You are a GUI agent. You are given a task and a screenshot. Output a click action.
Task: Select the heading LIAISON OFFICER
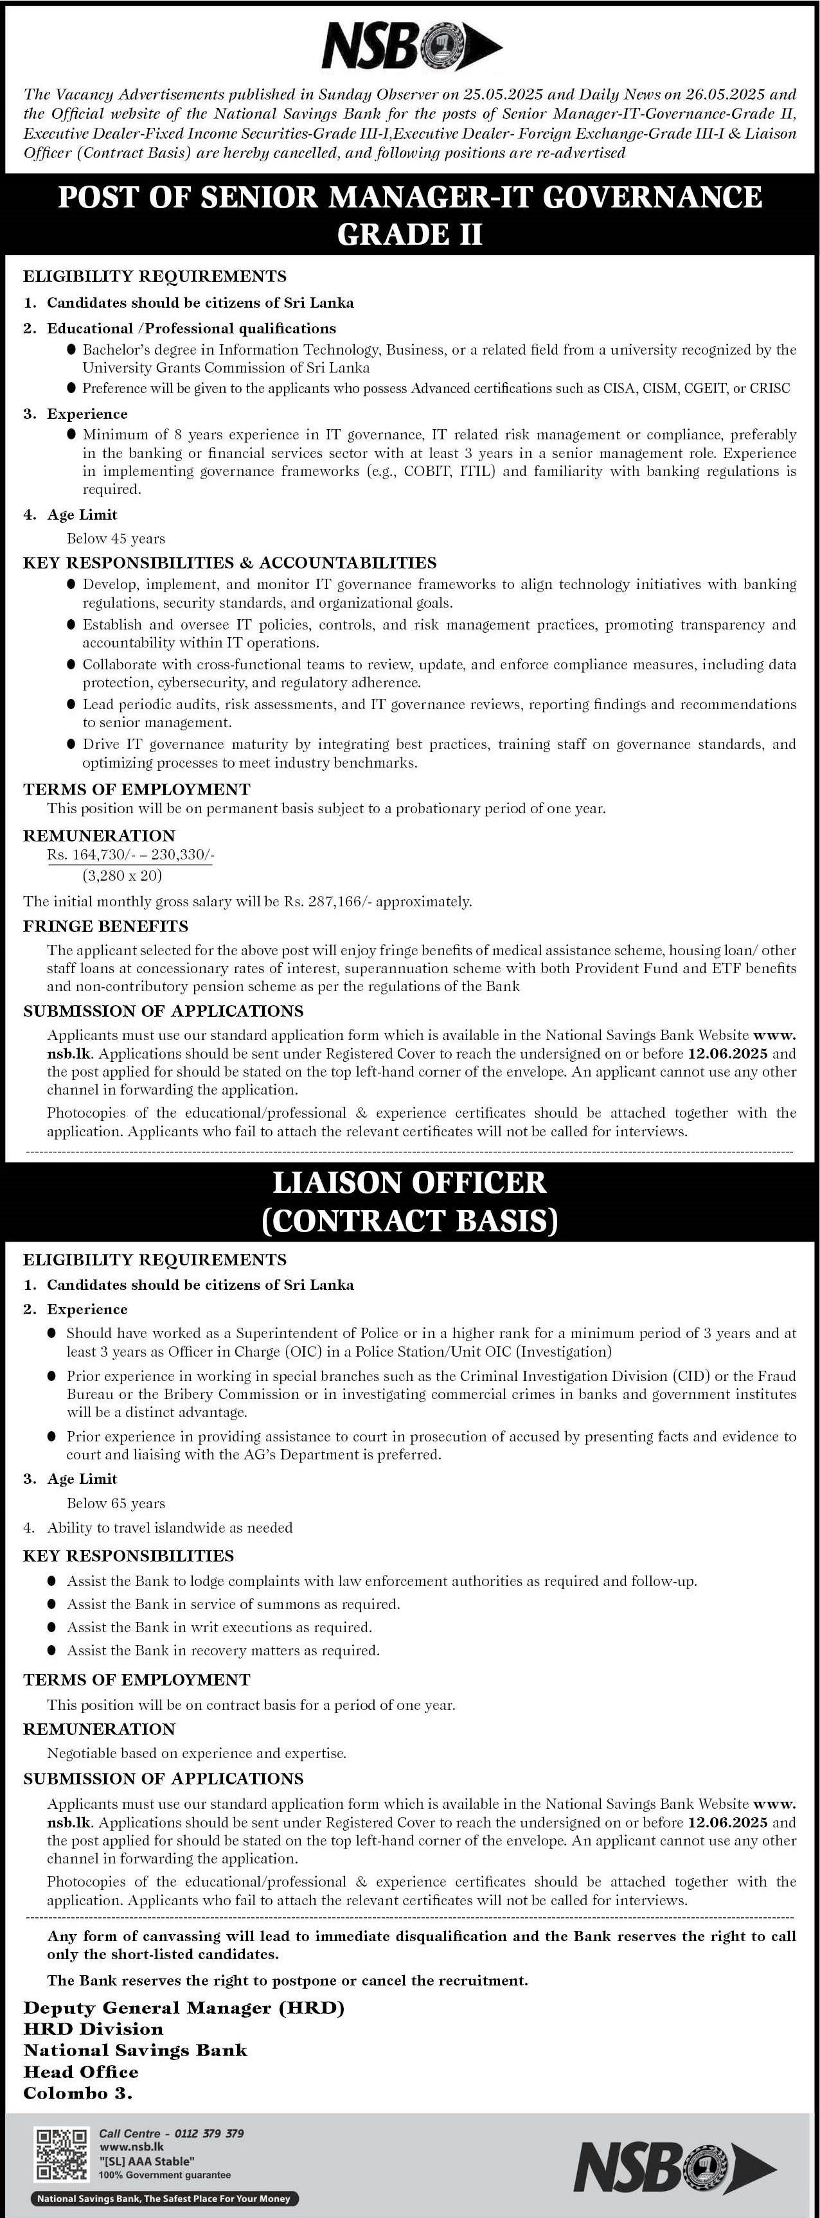point(409,1182)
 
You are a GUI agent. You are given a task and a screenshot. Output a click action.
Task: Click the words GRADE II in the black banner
point(409,234)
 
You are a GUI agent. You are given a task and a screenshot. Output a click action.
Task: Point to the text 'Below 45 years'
point(116,539)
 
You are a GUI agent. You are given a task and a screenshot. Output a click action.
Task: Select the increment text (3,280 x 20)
point(122,876)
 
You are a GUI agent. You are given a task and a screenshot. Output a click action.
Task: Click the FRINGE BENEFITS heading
point(105,926)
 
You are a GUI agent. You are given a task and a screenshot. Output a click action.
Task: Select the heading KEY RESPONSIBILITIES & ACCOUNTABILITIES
point(229,563)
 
